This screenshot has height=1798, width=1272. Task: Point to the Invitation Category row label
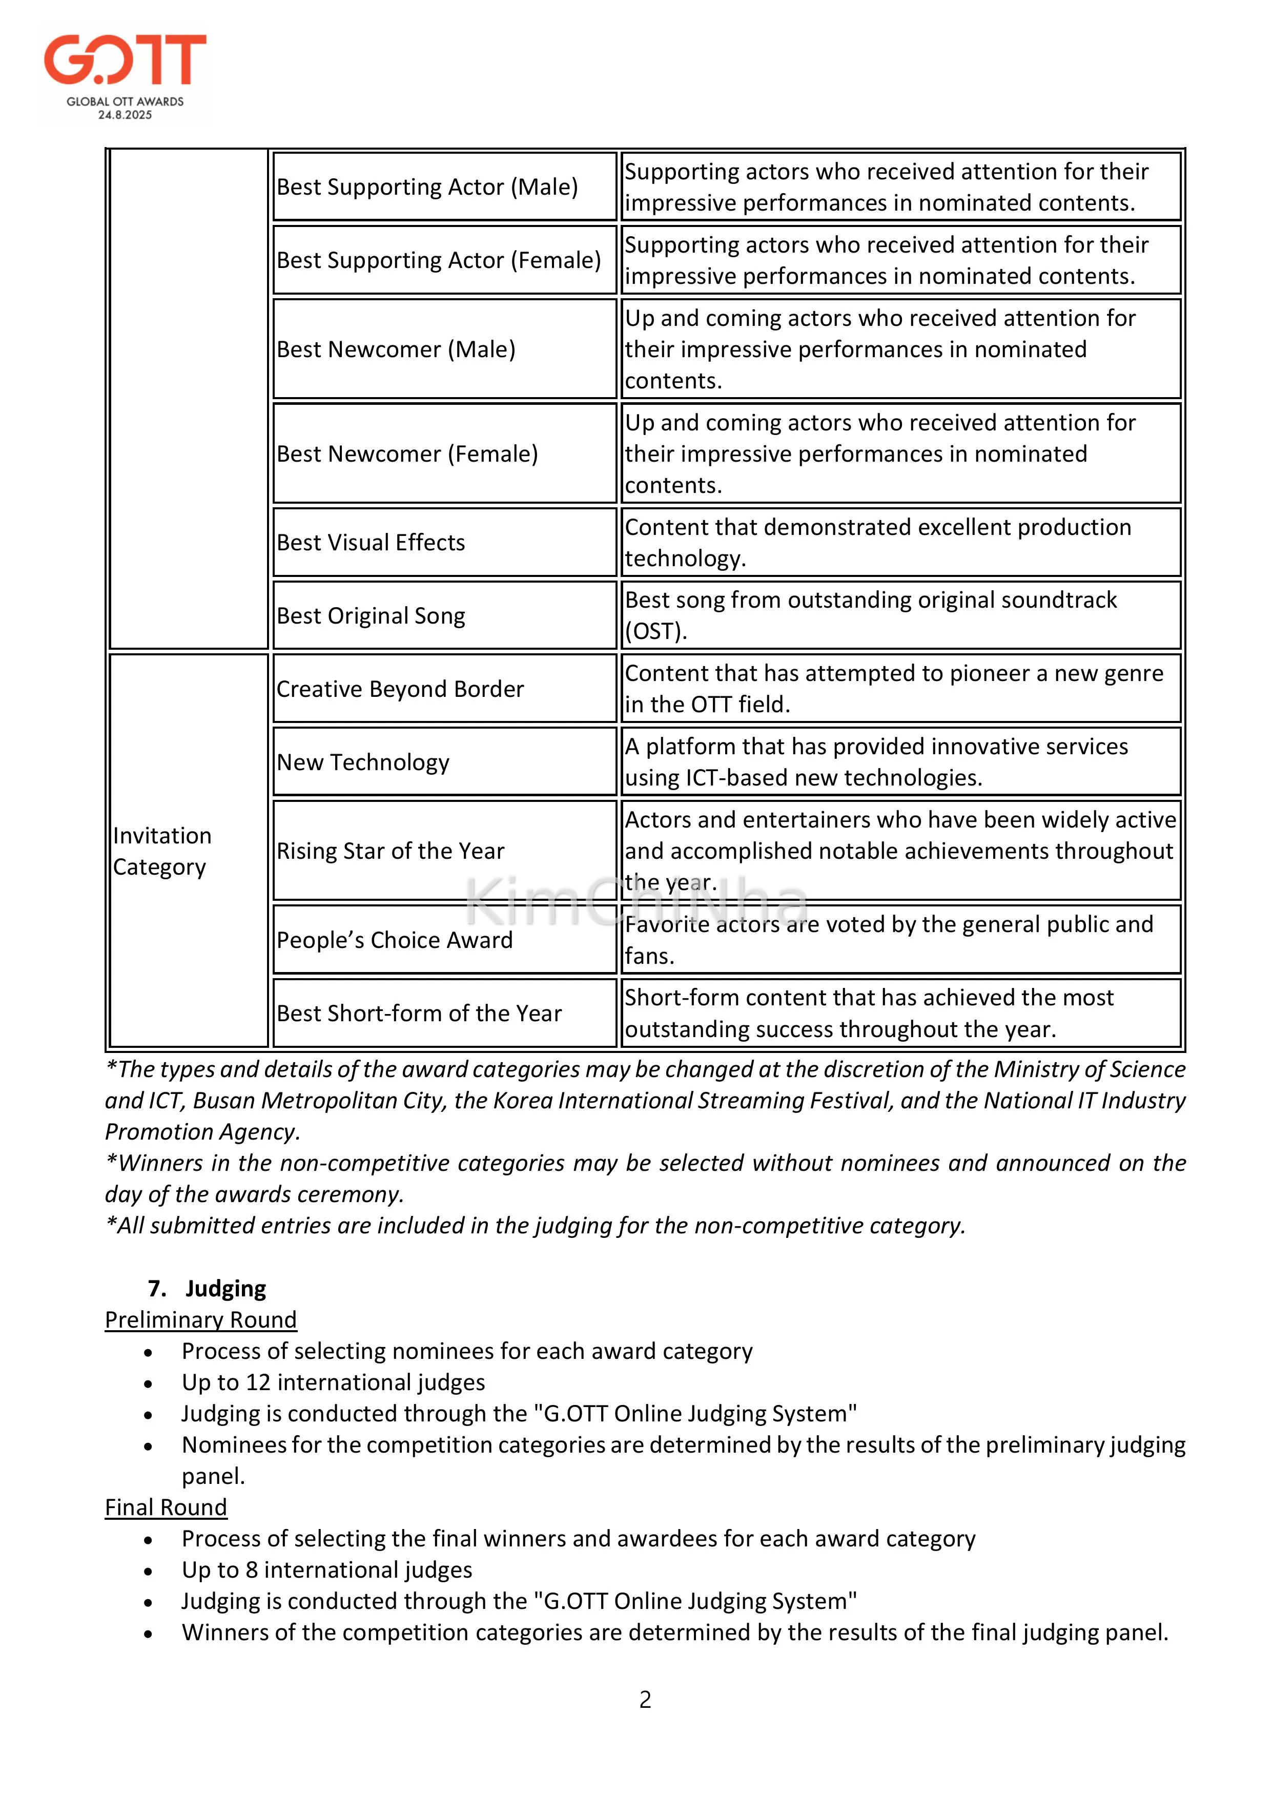pyautogui.click(x=162, y=851)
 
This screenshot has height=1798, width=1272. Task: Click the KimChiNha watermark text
pyautogui.click(x=636, y=902)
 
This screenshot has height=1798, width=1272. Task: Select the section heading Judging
pyautogui.click(x=225, y=1288)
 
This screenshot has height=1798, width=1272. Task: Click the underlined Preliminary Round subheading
pyautogui.click(x=200, y=1319)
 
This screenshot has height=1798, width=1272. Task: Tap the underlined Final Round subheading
pyautogui.click(x=166, y=1507)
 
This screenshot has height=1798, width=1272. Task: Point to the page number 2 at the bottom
pyautogui.click(x=645, y=1699)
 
